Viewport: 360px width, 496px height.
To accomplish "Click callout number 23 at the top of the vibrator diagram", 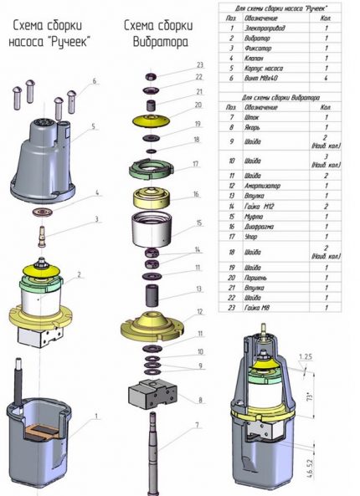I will [198, 64].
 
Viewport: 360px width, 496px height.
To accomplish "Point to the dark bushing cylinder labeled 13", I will [152, 295].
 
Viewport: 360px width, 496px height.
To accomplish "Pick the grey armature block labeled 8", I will [151, 395].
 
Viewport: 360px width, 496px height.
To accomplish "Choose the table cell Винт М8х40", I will [262, 76].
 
